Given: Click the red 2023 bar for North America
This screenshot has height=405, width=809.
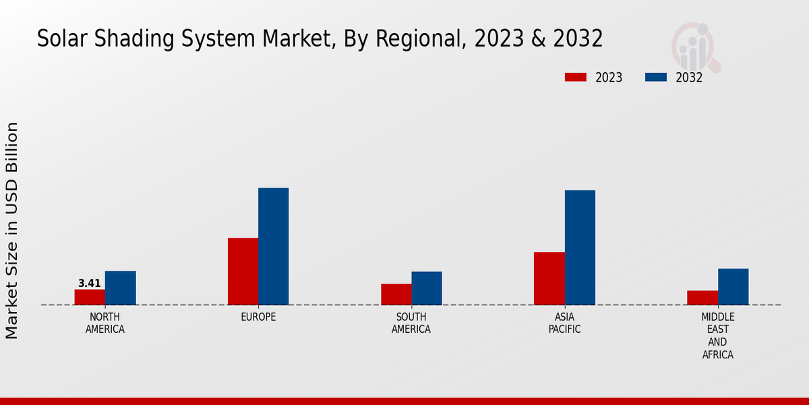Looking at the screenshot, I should click(x=90, y=297).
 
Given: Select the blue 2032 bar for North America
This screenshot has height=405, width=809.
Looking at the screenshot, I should click(x=120, y=288).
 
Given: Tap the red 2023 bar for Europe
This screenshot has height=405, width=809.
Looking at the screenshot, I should click(x=243, y=271).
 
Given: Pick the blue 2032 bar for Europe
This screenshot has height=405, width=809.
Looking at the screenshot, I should click(x=273, y=246).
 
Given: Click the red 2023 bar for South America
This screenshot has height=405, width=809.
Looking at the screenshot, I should click(x=396, y=294).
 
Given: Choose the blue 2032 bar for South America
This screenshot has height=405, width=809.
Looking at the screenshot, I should click(x=427, y=288).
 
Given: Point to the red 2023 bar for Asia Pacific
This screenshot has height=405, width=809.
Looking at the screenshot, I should click(x=549, y=278).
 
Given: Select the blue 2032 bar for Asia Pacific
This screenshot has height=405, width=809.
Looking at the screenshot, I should click(x=580, y=248).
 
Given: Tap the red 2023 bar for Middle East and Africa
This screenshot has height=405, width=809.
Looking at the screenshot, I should click(x=702, y=298).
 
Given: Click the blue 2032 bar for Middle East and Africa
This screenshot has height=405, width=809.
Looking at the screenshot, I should click(x=733, y=287).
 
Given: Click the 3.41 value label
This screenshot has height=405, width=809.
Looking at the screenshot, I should click(x=90, y=283).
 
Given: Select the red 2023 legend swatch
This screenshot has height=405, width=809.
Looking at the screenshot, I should click(x=575, y=77).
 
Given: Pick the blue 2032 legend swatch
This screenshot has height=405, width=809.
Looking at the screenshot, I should click(x=655, y=77).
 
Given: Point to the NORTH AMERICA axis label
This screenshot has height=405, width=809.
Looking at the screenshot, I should click(x=105, y=323).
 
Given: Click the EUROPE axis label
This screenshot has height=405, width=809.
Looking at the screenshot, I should click(x=258, y=317).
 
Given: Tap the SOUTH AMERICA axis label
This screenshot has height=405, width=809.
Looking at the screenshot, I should click(x=411, y=323).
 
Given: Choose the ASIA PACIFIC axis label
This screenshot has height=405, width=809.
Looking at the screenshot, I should click(x=564, y=323).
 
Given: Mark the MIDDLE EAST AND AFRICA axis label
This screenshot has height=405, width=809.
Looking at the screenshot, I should click(x=717, y=335).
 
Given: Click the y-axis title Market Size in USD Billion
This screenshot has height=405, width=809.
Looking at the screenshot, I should click(x=12, y=230).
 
